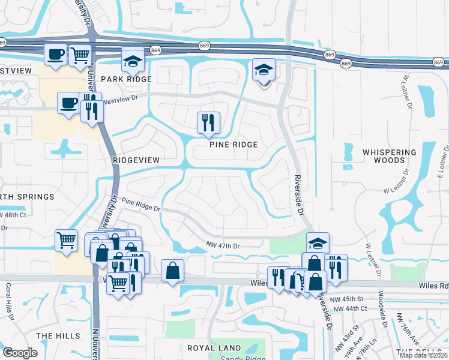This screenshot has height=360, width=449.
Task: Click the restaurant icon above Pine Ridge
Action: click(208, 123)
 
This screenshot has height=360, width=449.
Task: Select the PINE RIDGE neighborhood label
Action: click(234, 145)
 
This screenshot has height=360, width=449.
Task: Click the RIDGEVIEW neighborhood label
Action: click(136, 160)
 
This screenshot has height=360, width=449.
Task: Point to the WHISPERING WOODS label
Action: click(389, 157)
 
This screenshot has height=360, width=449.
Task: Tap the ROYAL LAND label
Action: click(214, 348)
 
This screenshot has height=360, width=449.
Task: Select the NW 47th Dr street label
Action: click(223, 246)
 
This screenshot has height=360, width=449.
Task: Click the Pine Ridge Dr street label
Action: click(141, 205)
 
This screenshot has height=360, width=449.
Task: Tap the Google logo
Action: click(20, 353)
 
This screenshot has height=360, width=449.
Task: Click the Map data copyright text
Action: click(423, 355)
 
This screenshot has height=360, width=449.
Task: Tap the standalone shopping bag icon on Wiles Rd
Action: click(172, 270)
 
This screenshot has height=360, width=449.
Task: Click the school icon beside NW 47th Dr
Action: click(318, 244)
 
